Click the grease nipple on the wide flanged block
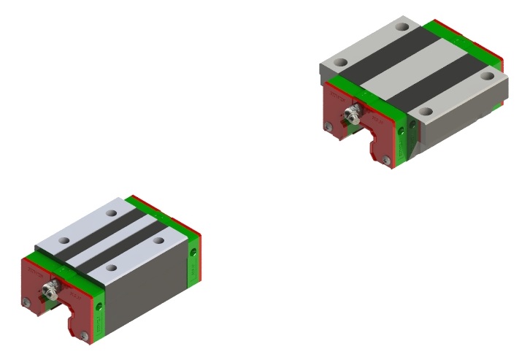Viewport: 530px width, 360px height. [350, 113]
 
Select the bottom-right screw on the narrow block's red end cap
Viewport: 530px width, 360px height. [85, 335]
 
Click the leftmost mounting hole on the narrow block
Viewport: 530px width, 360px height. [64, 240]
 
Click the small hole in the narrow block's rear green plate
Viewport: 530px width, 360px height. [193, 253]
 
